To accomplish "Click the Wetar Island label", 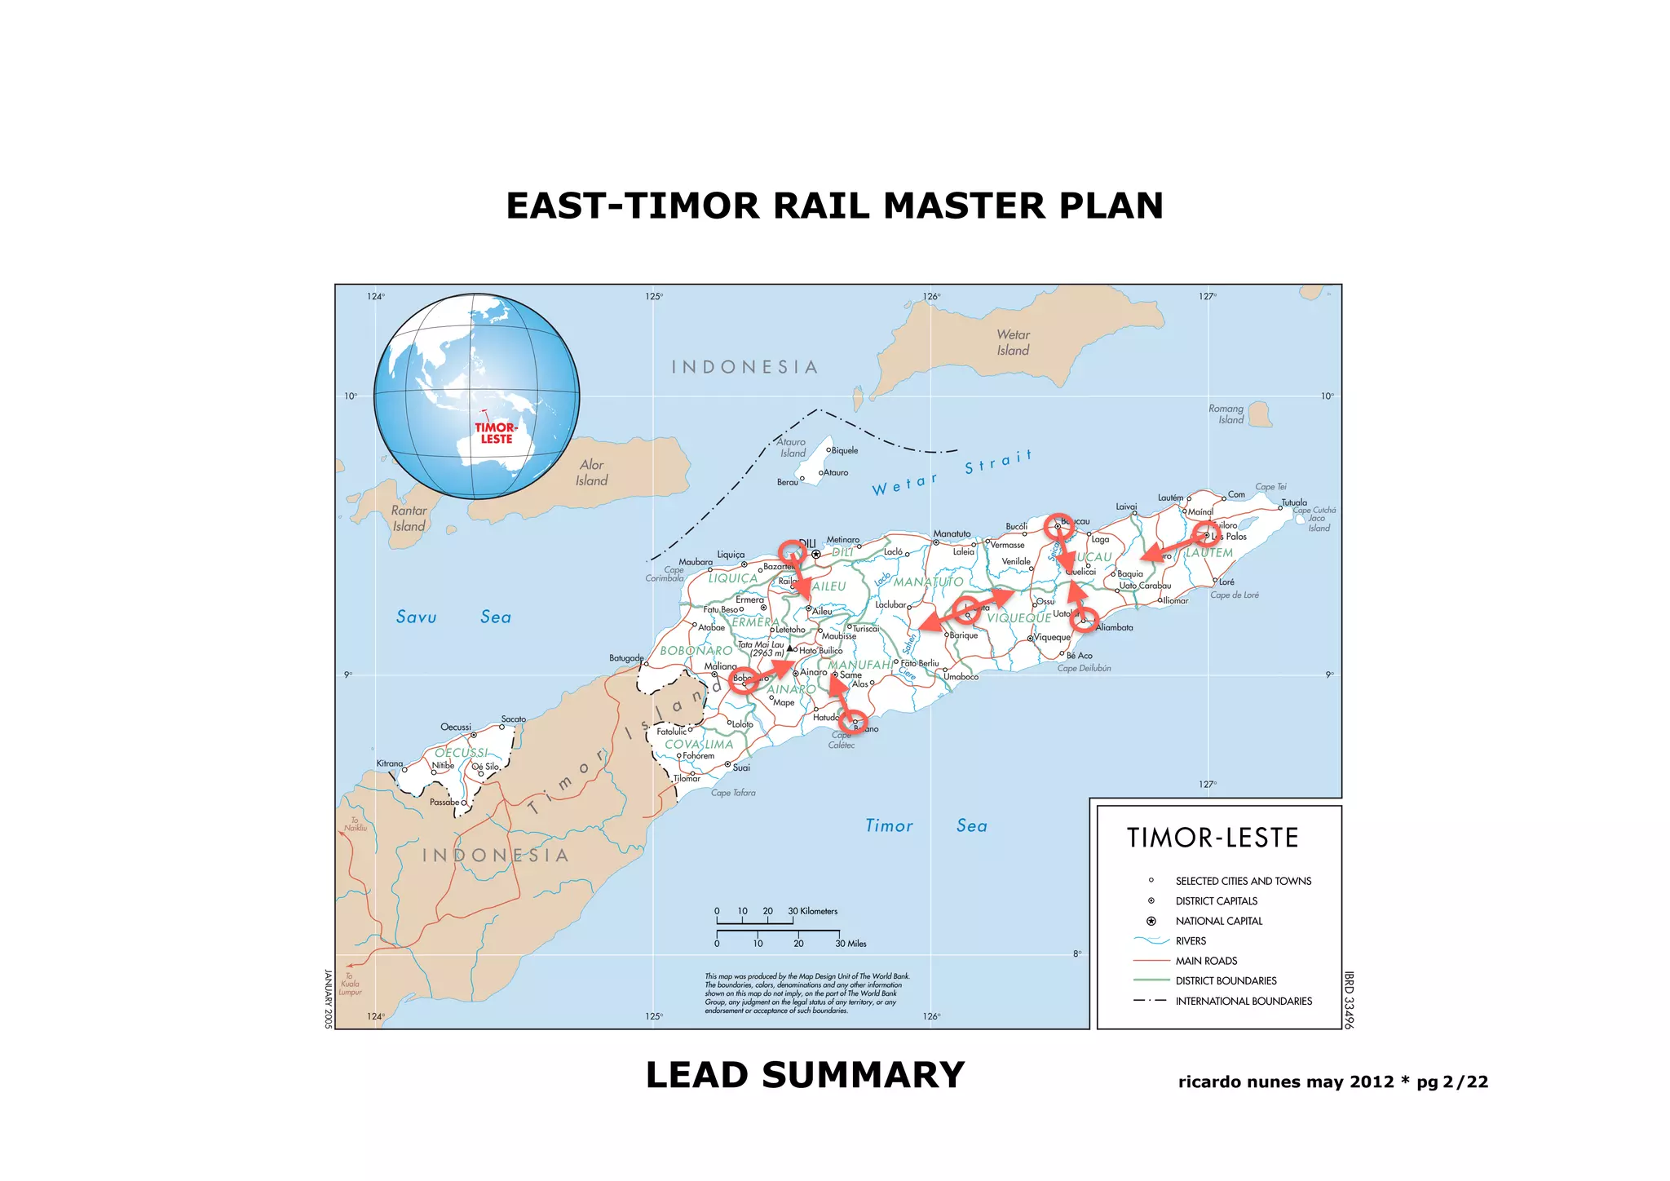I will tap(1013, 343).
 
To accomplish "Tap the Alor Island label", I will tap(591, 472).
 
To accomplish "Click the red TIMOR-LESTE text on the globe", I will tap(496, 433).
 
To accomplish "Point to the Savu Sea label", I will tap(453, 617).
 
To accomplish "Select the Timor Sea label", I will tap(926, 825).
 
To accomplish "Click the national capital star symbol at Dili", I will tap(815, 554).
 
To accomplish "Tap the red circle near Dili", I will tap(791, 551).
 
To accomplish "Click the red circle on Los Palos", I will tap(1207, 534).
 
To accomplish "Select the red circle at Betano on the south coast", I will tap(854, 721).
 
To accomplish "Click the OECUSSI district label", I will tap(462, 752).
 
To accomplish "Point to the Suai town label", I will tap(740, 767).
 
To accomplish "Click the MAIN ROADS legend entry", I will tap(1206, 961).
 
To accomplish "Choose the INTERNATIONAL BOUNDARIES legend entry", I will tap(1244, 1001).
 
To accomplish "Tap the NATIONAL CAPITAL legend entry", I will tap(1218, 921).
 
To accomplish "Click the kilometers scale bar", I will tap(754, 922).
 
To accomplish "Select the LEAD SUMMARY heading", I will tap(805, 1075).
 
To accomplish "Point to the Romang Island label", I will tap(1226, 414).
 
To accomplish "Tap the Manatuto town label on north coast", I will tap(952, 533).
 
